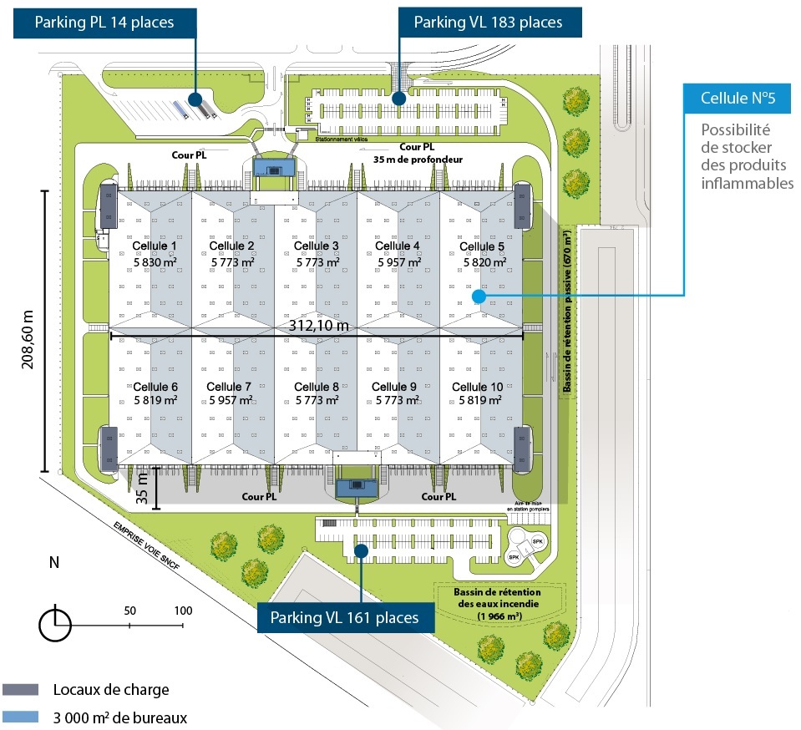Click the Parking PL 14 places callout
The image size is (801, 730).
(x=104, y=22)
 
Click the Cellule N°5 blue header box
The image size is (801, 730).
(x=738, y=99)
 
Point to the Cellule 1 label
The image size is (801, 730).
(x=155, y=246)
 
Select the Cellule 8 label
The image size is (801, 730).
(x=317, y=387)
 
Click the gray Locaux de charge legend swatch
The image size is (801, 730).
(x=21, y=690)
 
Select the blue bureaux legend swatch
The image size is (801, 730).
(x=21, y=717)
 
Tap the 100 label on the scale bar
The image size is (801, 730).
(x=183, y=610)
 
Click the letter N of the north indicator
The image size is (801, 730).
(x=54, y=562)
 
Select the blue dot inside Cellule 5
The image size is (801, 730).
(x=479, y=296)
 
